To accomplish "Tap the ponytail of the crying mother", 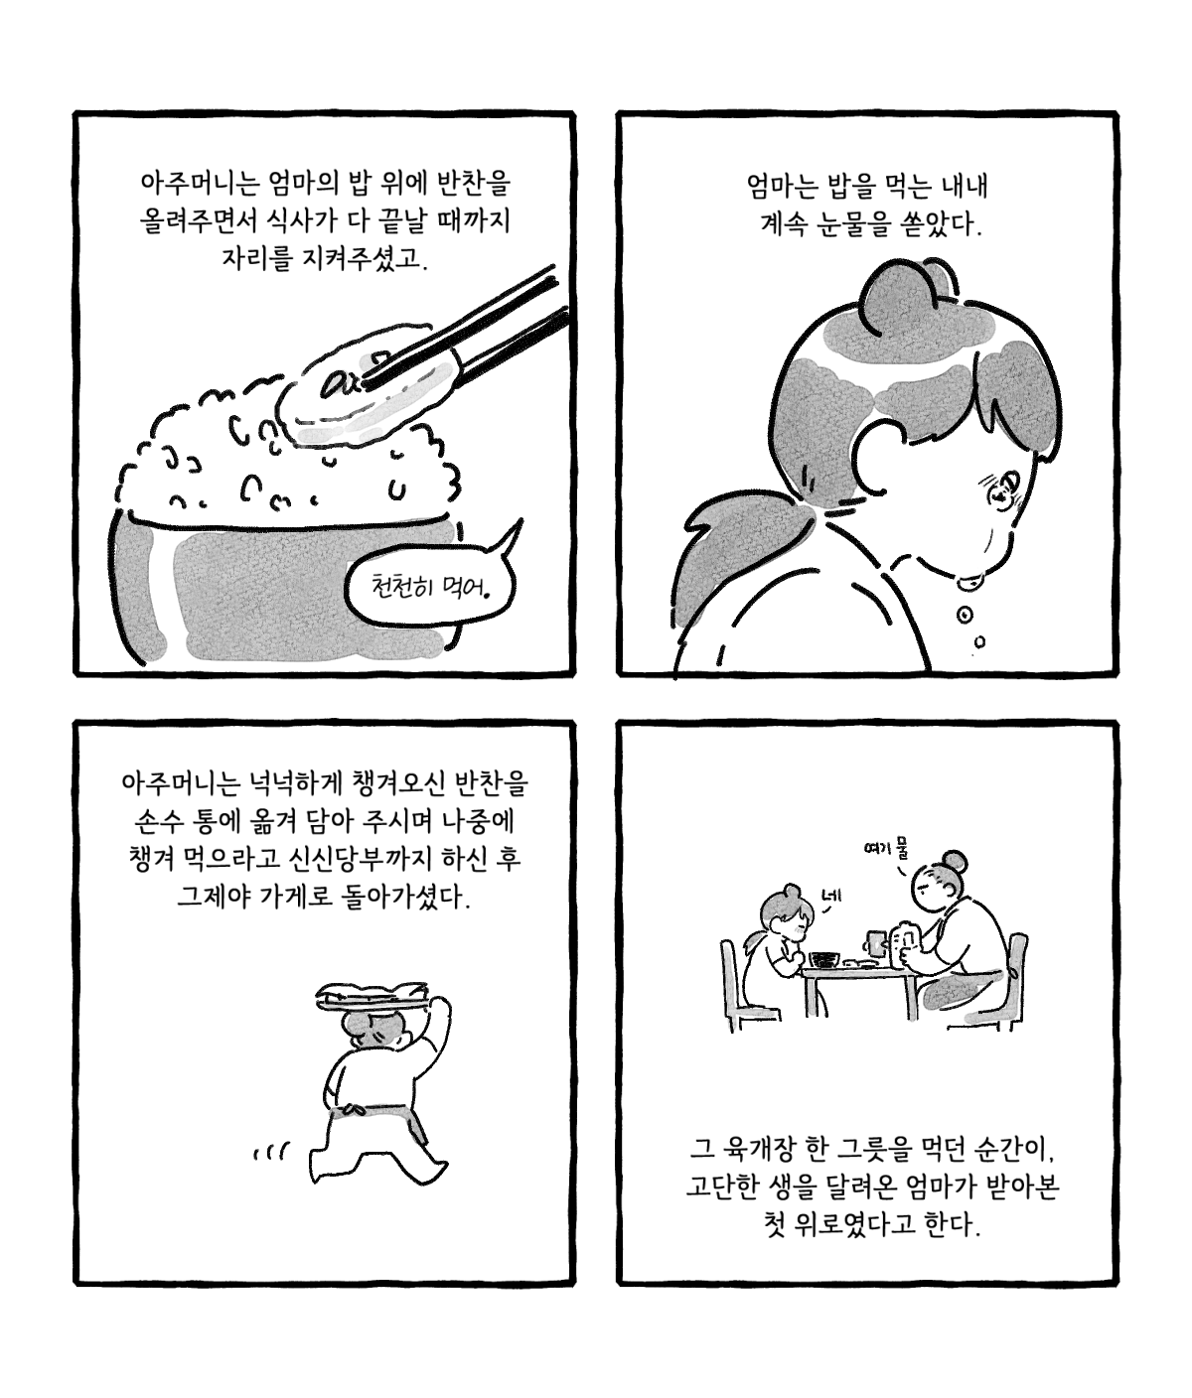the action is point(737,555).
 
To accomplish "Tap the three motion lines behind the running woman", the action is point(270,1151).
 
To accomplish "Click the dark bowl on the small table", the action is point(824,959).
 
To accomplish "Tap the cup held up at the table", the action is point(875,941).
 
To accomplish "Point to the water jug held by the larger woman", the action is point(904,945).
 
